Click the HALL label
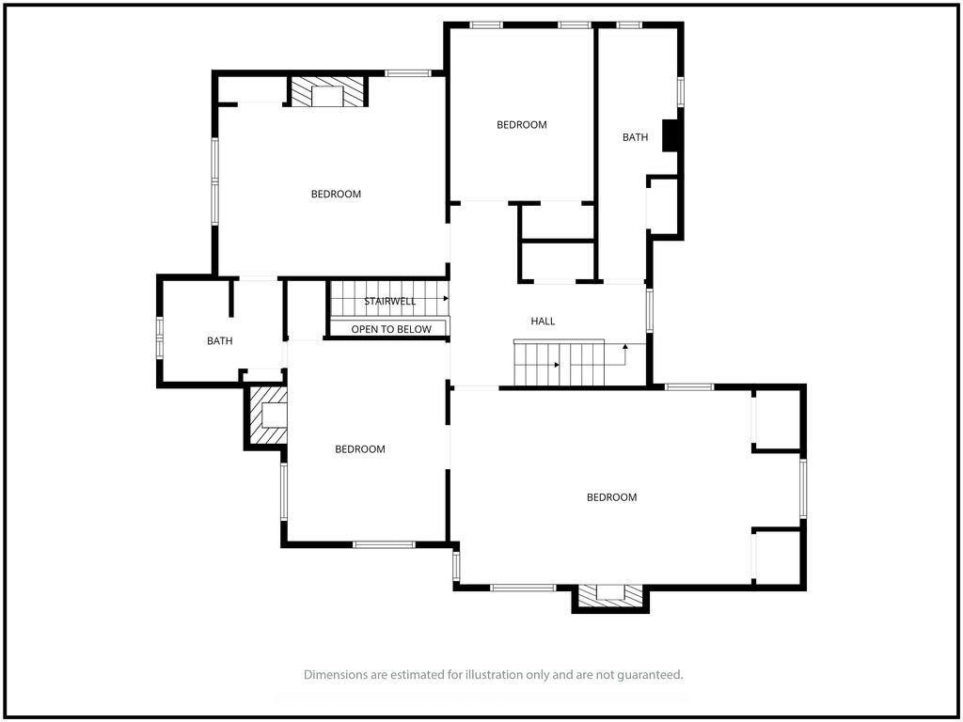tap(543, 322)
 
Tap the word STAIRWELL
tap(390, 302)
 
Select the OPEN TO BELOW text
tap(391, 330)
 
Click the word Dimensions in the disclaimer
tap(334, 675)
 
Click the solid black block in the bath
tap(670, 135)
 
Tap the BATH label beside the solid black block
tap(635, 137)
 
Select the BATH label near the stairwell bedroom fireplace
tap(220, 341)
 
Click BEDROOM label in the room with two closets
tap(611, 497)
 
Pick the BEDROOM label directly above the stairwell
tap(336, 194)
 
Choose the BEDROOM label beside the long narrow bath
tap(521, 125)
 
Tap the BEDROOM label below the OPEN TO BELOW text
tap(360, 449)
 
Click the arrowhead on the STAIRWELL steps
tap(446, 298)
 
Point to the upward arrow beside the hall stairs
tap(624, 354)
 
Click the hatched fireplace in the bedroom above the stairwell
tap(328, 91)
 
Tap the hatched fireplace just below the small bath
tap(268, 416)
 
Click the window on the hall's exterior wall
tap(649, 310)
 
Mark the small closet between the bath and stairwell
tap(306, 310)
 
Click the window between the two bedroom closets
tap(803, 489)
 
